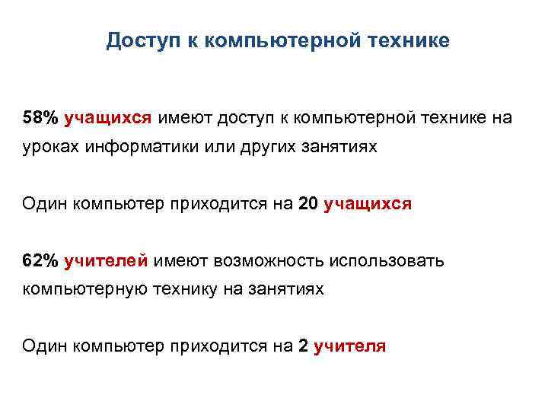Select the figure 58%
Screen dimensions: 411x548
40,119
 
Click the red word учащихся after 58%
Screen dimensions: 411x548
108,119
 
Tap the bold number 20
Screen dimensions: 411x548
311,204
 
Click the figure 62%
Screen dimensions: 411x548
40,262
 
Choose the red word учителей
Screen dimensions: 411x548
107,262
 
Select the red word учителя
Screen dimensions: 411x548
350,347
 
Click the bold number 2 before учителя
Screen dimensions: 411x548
304,347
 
